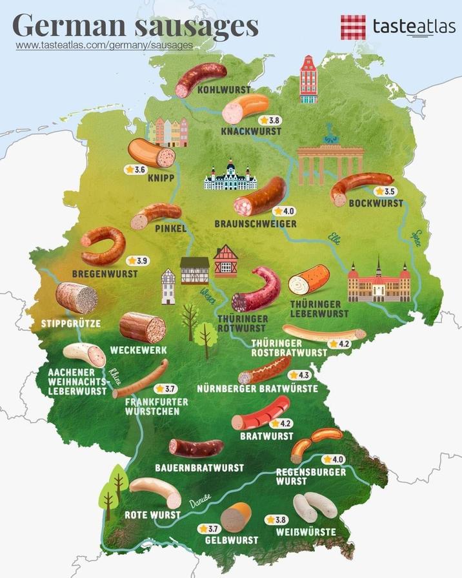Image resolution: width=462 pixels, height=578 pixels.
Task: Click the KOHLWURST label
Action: click(x=225, y=90)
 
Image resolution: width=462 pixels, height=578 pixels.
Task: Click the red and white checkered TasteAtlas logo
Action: click(x=353, y=27)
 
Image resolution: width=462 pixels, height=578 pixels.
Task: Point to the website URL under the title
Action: click(x=104, y=45)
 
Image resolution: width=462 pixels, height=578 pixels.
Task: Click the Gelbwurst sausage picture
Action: click(x=235, y=517)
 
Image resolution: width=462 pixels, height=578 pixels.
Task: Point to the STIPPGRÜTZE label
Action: click(x=70, y=323)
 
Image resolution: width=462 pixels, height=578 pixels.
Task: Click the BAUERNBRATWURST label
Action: click(x=199, y=467)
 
